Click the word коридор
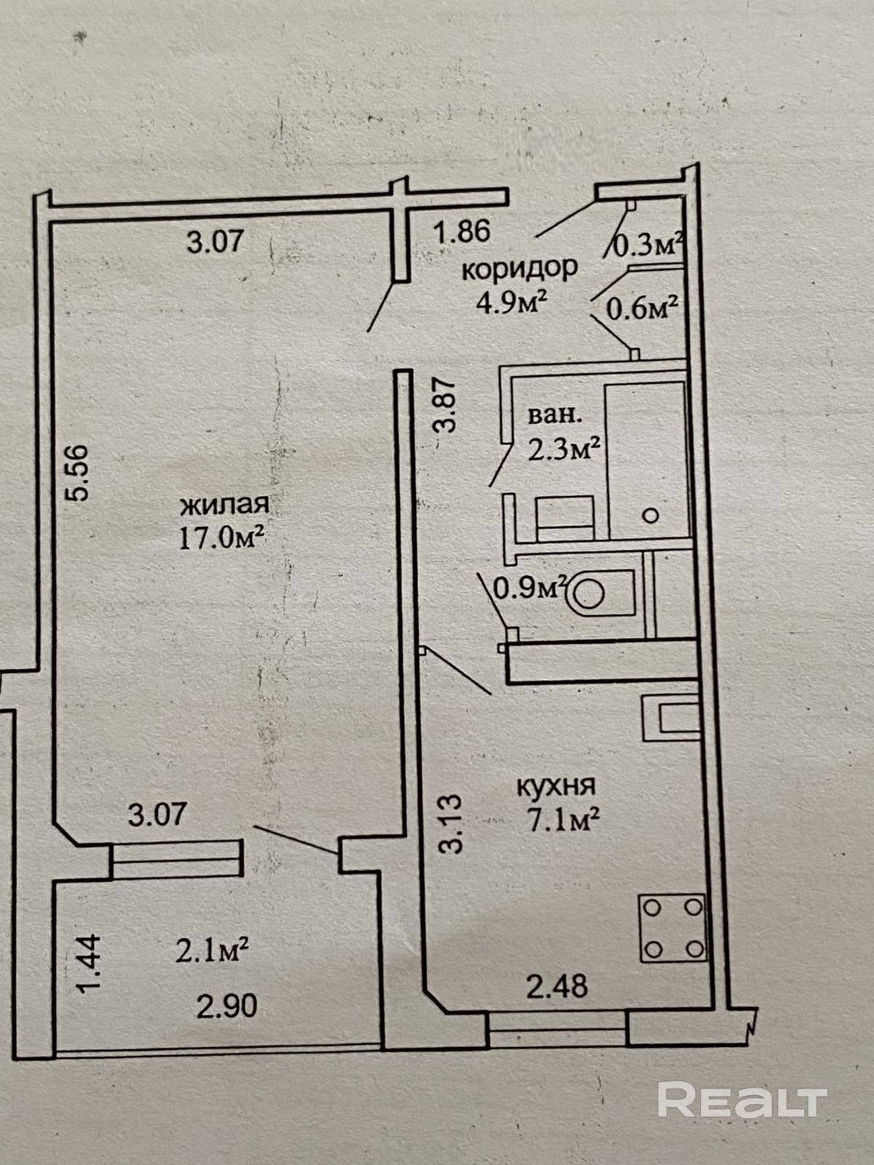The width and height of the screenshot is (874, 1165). click(x=519, y=269)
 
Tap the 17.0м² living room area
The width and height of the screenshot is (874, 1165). click(x=221, y=538)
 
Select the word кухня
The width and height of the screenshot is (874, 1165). click(x=556, y=786)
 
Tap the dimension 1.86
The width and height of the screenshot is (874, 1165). click(x=462, y=232)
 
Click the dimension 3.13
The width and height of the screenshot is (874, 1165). click(x=451, y=824)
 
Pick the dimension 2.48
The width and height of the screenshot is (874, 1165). click(x=557, y=987)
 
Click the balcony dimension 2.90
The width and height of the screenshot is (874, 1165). click(x=227, y=1006)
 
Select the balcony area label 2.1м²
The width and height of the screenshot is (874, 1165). click(x=213, y=951)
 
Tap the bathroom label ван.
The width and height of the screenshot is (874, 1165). click(x=554, y=416)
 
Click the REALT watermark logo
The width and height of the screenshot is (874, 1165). click(x=742, y=1099)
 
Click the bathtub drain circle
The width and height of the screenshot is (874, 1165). click(x=650, y=516)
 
